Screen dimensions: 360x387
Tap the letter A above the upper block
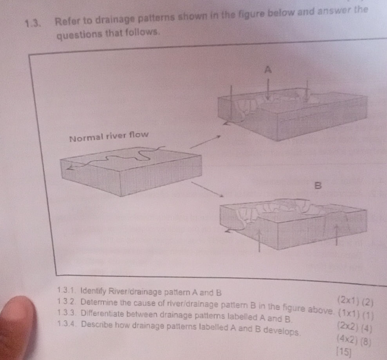(x=268, y=70)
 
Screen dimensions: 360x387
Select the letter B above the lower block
(x=318, y=186)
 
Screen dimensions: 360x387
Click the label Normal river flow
(x=109, y=136)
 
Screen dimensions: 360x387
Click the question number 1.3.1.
(x=67, y=291)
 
